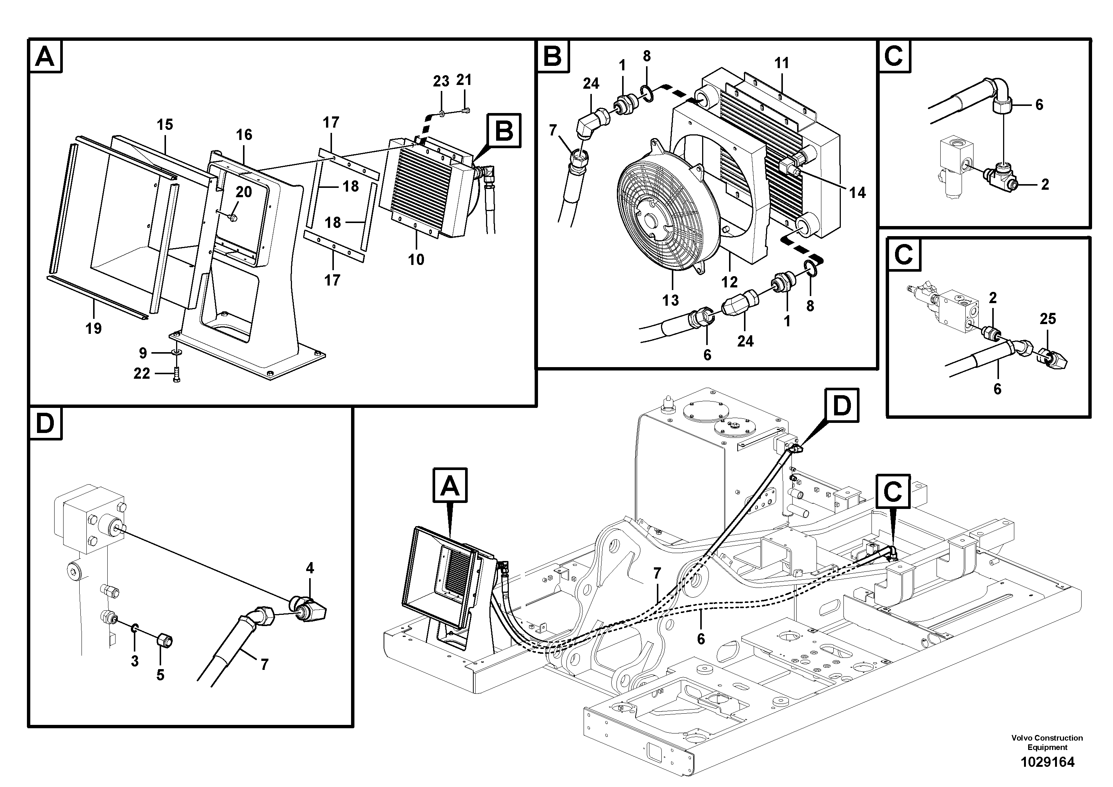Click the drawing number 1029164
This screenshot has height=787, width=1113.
(1047, 762)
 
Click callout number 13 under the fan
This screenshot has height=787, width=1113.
(670, 301)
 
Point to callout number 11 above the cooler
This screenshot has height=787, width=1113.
(781, 63)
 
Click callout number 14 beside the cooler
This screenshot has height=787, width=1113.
(857, 193)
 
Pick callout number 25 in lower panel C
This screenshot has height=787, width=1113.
(1048, 319)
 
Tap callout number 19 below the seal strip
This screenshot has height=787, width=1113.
(93, 329)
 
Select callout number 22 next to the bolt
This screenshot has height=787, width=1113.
(142, 373)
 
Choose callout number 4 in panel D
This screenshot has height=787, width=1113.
(310, 568)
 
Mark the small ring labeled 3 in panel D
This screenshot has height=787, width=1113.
(134, 629)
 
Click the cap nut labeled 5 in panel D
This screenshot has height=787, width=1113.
(165, 641)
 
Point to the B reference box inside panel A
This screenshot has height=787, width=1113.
(504, 131)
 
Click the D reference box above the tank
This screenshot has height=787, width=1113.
(841, 405)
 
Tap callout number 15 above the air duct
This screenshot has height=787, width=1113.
(165, 125)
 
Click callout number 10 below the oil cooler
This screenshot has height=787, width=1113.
(416, 260)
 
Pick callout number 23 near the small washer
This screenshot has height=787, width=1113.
(441, 81)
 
